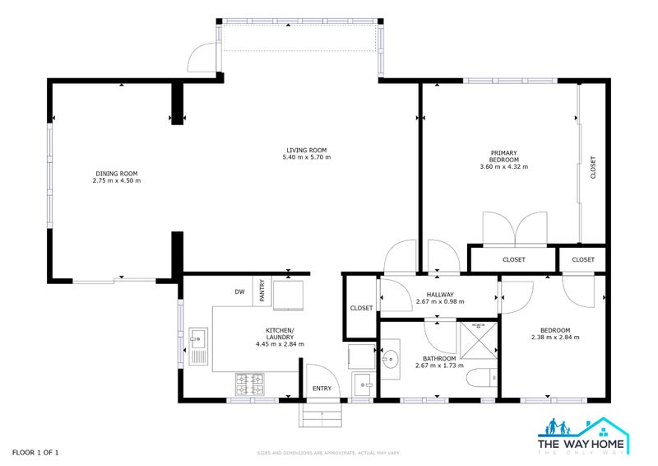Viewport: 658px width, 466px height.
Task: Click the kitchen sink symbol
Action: pos(197,347)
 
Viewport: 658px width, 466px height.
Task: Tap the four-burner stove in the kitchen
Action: pos(250,382)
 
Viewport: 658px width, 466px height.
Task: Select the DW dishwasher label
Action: pos(239,291)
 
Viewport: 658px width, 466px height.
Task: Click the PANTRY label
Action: pos(262,291)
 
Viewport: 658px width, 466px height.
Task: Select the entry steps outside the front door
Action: pos(321,415)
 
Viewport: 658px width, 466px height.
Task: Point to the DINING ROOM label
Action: pos(116,174)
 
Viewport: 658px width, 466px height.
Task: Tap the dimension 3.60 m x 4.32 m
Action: pos(503,166)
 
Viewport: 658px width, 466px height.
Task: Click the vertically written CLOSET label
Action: pos(593,168)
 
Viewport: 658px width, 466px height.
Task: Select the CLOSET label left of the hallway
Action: pos(361,308)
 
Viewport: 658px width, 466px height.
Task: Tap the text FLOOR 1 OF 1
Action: pos(35,452)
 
